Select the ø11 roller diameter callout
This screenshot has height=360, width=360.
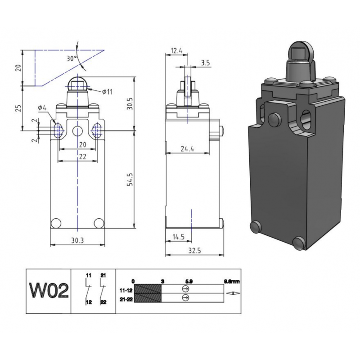tap(107, 92)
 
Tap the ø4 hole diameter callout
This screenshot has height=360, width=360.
tap(43, 108)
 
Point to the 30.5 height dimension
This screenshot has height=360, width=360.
tap(130, 104)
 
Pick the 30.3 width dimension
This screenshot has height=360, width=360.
tap(77, 240)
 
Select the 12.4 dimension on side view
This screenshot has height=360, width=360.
tap(176, 51)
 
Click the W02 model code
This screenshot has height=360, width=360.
tap(49, 291)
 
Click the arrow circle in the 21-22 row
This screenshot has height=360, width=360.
tap(185, 298)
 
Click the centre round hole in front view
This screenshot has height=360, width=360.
tap(78, 131)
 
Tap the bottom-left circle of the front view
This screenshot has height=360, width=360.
tap(56, 222)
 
